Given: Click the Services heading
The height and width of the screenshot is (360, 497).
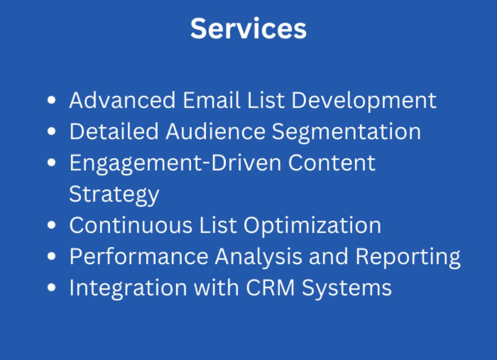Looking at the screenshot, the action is click(x=248, y=29).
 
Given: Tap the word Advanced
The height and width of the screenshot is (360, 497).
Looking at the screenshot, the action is click(x=122, y=100).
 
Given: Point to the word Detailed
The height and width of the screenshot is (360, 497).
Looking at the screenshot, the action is click(x=114, y=131).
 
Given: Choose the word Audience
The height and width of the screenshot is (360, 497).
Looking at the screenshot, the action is click(x=215, y=131).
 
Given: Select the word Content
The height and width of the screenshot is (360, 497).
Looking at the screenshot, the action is click(x=331, y=163).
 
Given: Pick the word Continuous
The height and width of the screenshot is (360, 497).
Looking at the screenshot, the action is click(x=131, y=225).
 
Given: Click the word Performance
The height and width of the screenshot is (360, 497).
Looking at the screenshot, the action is click(x=139, y=256).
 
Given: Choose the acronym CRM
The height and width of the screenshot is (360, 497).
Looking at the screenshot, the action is click(x=270, y=287).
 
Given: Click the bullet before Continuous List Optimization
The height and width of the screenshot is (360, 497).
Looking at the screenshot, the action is click(x=51, y=225).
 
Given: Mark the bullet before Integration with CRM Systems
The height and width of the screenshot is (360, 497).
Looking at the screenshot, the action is click(x=51, y=287).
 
